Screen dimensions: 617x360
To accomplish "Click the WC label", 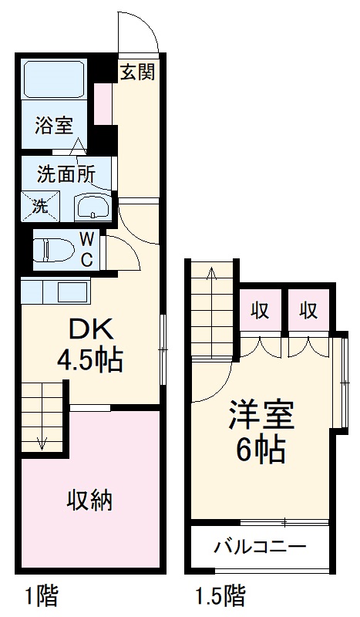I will click(87, 249).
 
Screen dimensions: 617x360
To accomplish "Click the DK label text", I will click(92, 330).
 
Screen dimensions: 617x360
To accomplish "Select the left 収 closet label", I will click(261, 311).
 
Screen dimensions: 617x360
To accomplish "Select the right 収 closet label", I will click(309, 311).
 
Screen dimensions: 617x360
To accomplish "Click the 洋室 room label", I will click(261, 416).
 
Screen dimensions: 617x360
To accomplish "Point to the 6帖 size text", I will click(261, 448).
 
